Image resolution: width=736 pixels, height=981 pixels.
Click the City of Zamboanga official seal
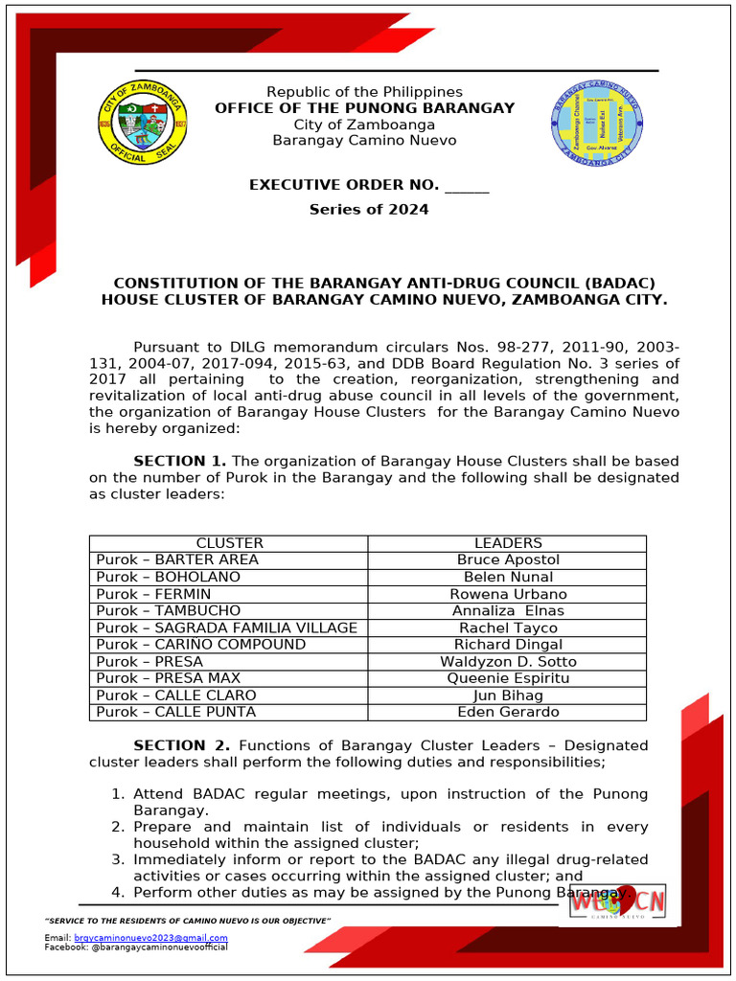(x=143, y=123)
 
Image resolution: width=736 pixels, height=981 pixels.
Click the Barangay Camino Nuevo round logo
(x=596, y=123)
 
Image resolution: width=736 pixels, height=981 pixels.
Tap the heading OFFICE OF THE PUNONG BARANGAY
(x=364, y=108)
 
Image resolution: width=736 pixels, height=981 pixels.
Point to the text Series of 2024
(x=368, y=209)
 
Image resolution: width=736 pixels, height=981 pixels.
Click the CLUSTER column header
(x=229, y=543)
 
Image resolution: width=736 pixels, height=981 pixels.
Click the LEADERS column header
(x=507, y=543)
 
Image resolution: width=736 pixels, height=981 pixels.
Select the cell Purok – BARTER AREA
(x=177, y=559)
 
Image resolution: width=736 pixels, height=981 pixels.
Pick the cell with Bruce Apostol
(x=508, y=559)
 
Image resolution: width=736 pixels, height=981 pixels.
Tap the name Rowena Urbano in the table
(x=508, y=594)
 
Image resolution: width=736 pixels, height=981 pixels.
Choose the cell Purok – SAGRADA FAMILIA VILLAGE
(x=226, y=627)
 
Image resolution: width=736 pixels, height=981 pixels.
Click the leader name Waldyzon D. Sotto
(x=508, y=662)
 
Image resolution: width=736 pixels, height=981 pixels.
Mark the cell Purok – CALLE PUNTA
(x=175, y=712)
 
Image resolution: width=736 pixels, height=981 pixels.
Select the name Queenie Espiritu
(x=508, y=678)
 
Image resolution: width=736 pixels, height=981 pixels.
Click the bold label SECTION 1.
(x=179, y=461)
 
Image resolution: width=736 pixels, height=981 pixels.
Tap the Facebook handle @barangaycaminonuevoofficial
(x=159, y=947)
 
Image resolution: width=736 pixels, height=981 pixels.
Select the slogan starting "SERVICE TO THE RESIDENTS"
(x=188, y=921)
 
